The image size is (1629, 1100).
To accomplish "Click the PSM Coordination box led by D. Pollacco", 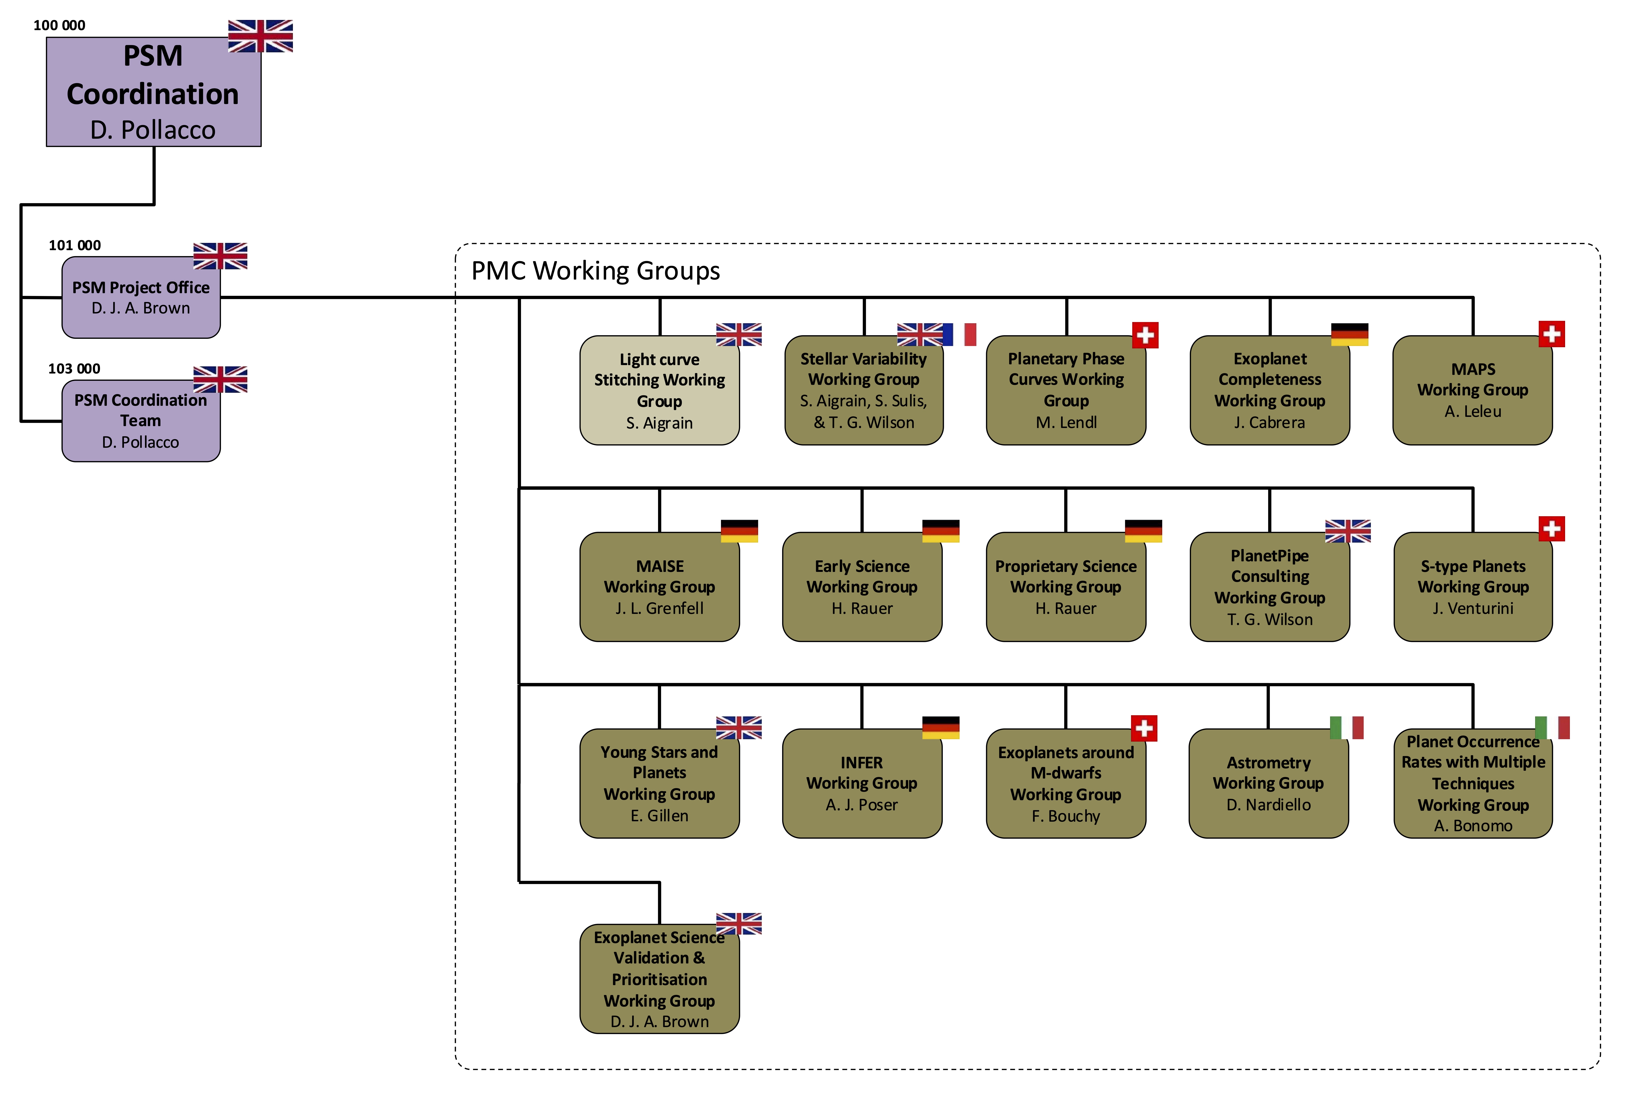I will tap(153, 92).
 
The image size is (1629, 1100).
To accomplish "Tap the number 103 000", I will tap(74, 369).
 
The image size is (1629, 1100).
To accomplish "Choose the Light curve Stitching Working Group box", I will tap(659, 391).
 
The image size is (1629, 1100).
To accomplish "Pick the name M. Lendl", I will tap(1066, 423).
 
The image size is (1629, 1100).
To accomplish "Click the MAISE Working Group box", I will tap(659, 587).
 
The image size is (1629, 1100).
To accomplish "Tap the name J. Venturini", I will tap(1473, 609).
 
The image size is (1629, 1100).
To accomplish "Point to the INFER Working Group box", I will tap(861, 783).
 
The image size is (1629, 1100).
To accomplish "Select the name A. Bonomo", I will tap(1473, 826).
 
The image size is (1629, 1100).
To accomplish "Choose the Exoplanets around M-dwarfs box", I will tap(1065, 783).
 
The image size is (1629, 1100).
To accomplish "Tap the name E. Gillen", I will tap(659, 816).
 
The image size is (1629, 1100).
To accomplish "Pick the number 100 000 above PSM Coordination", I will tap(60, 25).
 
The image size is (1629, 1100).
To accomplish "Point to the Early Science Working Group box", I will tap(861, 587).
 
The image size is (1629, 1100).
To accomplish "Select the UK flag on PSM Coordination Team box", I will tap(220, 379).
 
